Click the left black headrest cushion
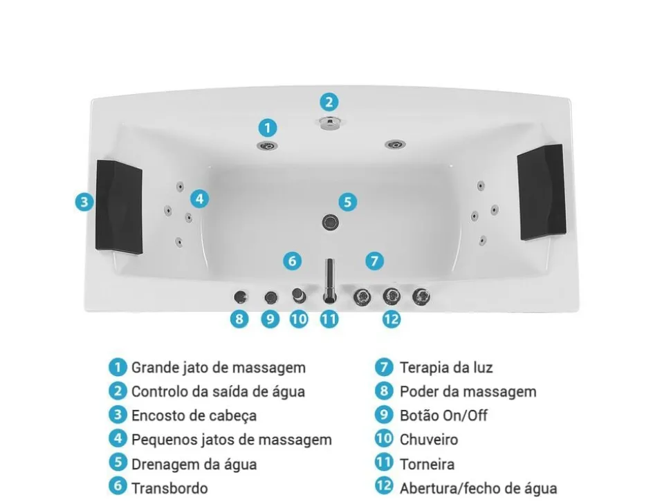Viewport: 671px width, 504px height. pyautogui.click(x=119, y=205)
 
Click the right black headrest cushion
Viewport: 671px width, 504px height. pyautogui.click(x=542, y=192)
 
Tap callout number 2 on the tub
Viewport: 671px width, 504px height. pyautogui.click(x=329, y=102)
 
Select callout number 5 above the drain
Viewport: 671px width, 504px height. pyautogui.click(x=348, y=202)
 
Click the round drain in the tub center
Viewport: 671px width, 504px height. pyautogui.click(x=330, y=222)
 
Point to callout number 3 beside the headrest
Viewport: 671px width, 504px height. pyautogui.click(x=84, y=202)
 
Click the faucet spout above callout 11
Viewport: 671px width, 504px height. pyautogui.click(x=329, y=280)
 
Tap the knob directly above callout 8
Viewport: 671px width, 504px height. pyautogui.click(x=239, y=297)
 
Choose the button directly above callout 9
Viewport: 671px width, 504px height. pyautogui.click(x=270, y=297)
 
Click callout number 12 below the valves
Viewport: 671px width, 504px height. pyautogui.click(x=391, y=319)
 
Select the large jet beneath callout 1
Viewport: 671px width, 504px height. pyautogui.click(x=267, y=145)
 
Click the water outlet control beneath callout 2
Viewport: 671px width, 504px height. pyautogui.click(x=329, y=123)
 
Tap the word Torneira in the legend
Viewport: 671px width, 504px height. pyautogui.click(x=427, y=464)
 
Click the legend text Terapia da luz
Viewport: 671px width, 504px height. pyautogui.click(x=445, y=368)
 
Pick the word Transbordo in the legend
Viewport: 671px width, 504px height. pyautogui.click(x=169, y=487)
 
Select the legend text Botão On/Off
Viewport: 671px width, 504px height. pyautogui.click(x=443, y=416)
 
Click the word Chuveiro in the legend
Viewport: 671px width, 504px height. pyautogui.click(x=429, y=439)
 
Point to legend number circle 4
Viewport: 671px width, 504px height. pyautogui.click(x=118, y=439)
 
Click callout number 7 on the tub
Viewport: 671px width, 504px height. pyautogui.click(x=374, y=261)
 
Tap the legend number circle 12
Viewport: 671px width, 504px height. pyautogui.click(x=384, y=487)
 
